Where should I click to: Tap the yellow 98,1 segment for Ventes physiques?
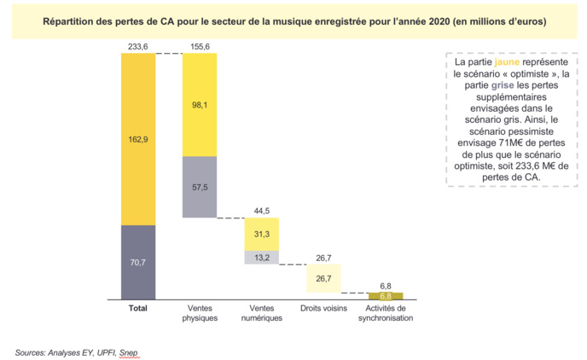(x=199, y=105)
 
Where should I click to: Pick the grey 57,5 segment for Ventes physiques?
(x=199, y=187)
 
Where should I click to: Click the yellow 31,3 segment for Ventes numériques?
(x=261, y=235)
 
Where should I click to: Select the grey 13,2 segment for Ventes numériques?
(x=261, y=257)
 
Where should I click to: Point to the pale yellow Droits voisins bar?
(x=323, y=278)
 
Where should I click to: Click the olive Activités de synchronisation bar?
(x=385, y=295)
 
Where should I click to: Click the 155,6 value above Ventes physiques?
(x=199, y=47)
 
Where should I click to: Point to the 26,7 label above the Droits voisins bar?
(x=323, y=257)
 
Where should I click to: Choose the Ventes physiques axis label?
(x=199, y=312)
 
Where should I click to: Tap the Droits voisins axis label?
(x=323, y=308)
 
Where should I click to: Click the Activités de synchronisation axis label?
(x=385, y=312)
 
